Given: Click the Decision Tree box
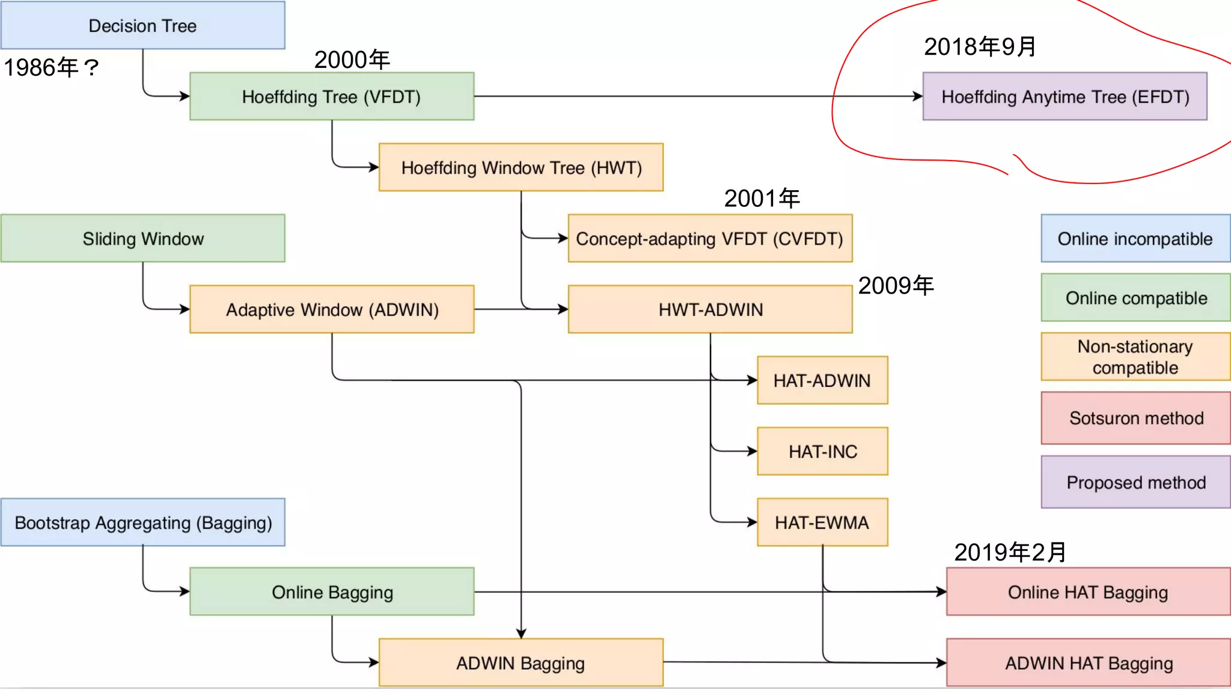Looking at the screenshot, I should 142,25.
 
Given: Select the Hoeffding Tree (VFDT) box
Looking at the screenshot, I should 331,96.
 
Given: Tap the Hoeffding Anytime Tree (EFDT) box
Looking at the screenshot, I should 1065,96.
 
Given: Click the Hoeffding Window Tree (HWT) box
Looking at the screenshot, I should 521,167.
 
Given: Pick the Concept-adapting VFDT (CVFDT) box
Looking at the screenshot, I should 709,238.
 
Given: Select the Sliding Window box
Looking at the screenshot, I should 142,238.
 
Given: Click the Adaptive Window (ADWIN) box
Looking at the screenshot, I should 331,309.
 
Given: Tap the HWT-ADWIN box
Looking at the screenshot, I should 709,309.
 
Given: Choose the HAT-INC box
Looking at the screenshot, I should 822,451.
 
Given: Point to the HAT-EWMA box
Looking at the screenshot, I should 822,522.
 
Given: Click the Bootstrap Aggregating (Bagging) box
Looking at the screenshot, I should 142,522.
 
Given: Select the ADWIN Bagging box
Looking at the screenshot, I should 521,662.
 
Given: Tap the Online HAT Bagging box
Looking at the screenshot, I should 1088,592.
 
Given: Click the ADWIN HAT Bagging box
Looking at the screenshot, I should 1088,662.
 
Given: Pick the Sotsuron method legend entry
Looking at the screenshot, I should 1135,418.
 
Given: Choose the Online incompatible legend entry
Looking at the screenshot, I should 1135,238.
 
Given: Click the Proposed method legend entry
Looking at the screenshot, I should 1135,482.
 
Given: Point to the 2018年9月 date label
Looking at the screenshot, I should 980,46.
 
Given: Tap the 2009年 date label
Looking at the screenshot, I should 896,285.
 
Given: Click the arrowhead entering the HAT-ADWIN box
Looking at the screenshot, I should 752,380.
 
